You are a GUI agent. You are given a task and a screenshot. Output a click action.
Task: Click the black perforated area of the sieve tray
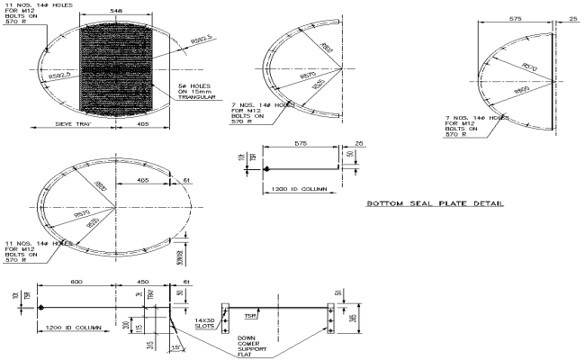tap(114, 68)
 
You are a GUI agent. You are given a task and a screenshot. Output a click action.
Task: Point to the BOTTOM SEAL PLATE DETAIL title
tap(435, 204)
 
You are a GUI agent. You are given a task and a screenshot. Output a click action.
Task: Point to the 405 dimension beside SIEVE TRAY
tap(144, 124)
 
